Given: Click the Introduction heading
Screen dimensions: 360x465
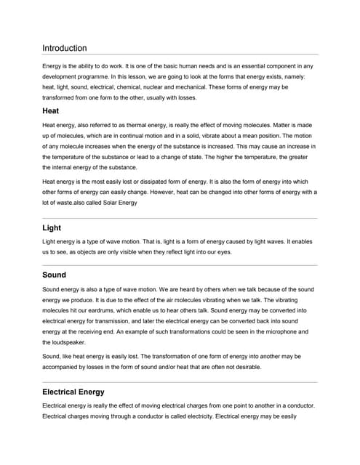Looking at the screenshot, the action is pyautogui.click(x=65, y=48).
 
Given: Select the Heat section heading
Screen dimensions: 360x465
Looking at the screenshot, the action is pyautogui.click(x=51, y=111).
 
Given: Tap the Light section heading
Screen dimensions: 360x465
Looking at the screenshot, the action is pyautogui.click(x=52, y=227).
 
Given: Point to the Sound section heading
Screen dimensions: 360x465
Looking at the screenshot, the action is pyautogui.click(x=55, y=275).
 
